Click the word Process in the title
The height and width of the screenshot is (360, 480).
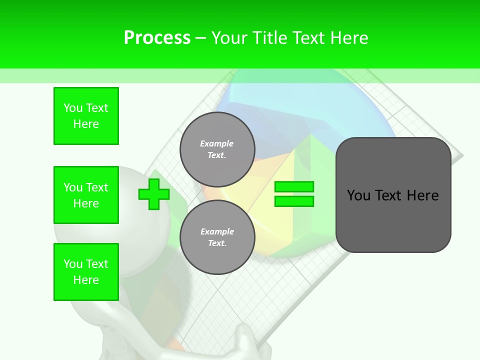click(x=157, y=37)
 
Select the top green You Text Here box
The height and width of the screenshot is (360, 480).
click(x=86, y=116)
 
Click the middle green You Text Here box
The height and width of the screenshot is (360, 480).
click(x=86, y=195)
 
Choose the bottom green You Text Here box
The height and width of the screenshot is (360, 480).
click(x=86, y=272)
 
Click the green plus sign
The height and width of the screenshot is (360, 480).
click(x=153, y=194)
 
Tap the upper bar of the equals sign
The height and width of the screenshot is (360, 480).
click(x=294, y=187)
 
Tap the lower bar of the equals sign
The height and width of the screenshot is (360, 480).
click(x=294, y=201)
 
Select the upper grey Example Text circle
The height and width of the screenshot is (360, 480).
click(x=217, y=149)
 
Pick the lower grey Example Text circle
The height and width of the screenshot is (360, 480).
click(x=217, y=237)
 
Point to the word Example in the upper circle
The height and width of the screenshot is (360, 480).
click(x=216, y=143)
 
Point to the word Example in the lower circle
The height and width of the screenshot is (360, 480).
click(x=217, y=231)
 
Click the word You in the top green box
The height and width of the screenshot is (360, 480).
click(x=72, y=108)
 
